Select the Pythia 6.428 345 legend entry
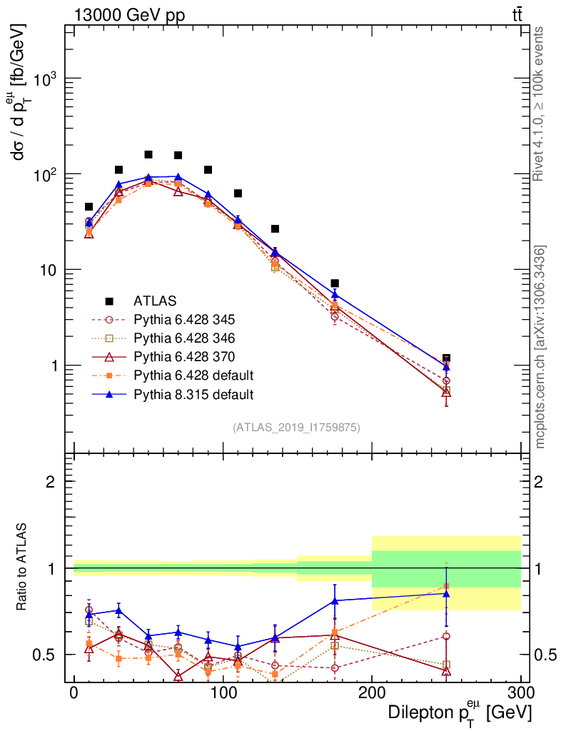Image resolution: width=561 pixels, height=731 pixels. tap(194, 319)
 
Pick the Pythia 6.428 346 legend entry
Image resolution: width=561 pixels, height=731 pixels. tap(194, 338)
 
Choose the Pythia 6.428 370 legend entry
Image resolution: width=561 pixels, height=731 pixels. tap(194, 356)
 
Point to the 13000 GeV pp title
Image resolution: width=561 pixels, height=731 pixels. tap(128, 16)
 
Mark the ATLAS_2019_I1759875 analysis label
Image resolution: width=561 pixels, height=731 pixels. tap(296, 428)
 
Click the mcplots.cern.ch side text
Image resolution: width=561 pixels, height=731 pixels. tap(540, 347)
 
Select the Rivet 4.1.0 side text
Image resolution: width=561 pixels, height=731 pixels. tap(540, 104)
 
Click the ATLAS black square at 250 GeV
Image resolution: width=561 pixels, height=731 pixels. tap(446, 358)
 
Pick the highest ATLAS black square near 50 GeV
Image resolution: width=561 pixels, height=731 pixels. tap(148, 154)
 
